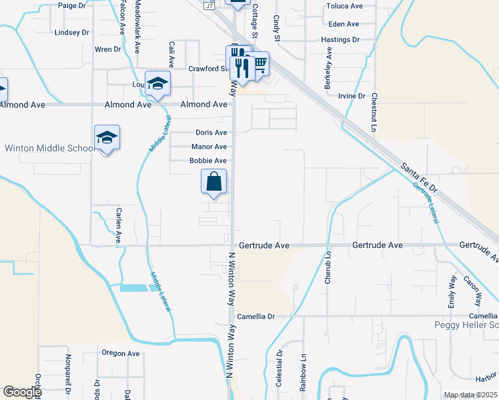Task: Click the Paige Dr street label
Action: tap(72, 5)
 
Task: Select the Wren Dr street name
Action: tap(107, 49)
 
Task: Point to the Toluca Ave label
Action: tap(344, 6)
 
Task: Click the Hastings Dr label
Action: tap(340, 40)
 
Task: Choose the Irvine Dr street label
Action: tap(352, 96)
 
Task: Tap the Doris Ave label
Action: tap(211, 133)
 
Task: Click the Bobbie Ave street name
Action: tap(208, 161)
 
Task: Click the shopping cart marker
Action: tap(260, 63)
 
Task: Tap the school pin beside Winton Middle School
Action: tap(107, 137)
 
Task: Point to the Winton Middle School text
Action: tap(50, 148)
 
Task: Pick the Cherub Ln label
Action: tap(328, 267)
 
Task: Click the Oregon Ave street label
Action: tap(120, 353)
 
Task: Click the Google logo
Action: tap(22, 392)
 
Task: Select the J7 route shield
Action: tap(209, 6)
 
